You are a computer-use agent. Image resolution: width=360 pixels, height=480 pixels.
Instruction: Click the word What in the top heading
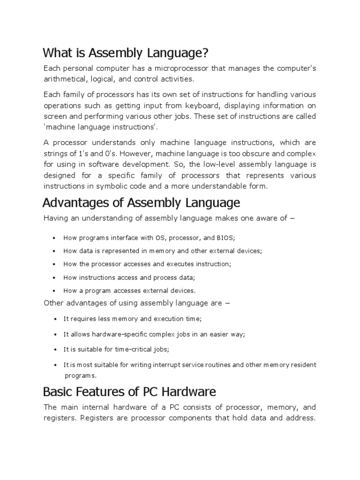coord(58,52)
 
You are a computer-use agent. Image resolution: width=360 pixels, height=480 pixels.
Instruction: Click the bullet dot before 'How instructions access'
coord(55,277)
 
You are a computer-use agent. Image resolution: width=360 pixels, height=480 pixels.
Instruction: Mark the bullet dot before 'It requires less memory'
coord(55,319)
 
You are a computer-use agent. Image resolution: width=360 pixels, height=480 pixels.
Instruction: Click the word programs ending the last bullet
coord(80,375)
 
